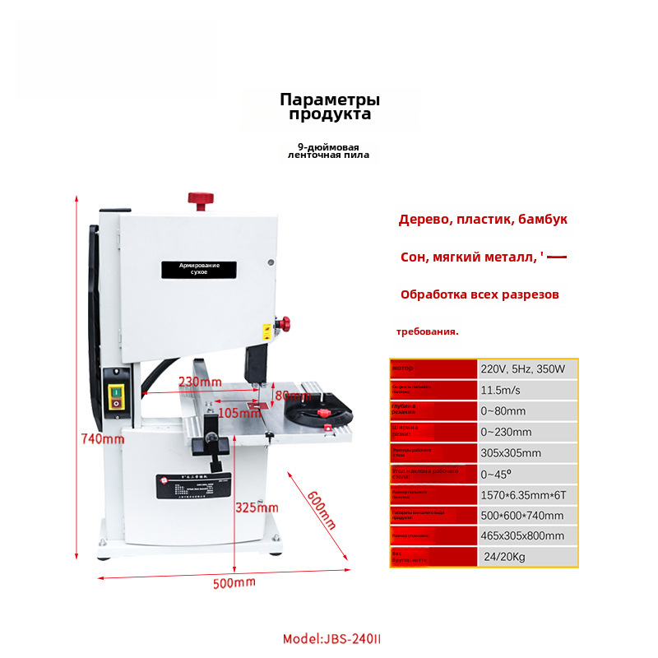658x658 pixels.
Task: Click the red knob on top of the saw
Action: pos(200,199)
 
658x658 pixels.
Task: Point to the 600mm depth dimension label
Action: pos(321,509)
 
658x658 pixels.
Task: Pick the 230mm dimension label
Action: pos(200,382)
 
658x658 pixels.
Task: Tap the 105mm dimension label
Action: pos(239,413)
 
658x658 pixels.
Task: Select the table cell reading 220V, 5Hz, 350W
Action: pos(523,369)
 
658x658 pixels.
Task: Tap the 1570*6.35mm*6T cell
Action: pos(521,495)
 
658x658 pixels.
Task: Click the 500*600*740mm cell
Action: pos(522,516)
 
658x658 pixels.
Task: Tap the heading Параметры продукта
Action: pos(330,107)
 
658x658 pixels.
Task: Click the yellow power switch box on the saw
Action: pos(115,397)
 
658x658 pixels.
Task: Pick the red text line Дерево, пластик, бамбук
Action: pos(483,220)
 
